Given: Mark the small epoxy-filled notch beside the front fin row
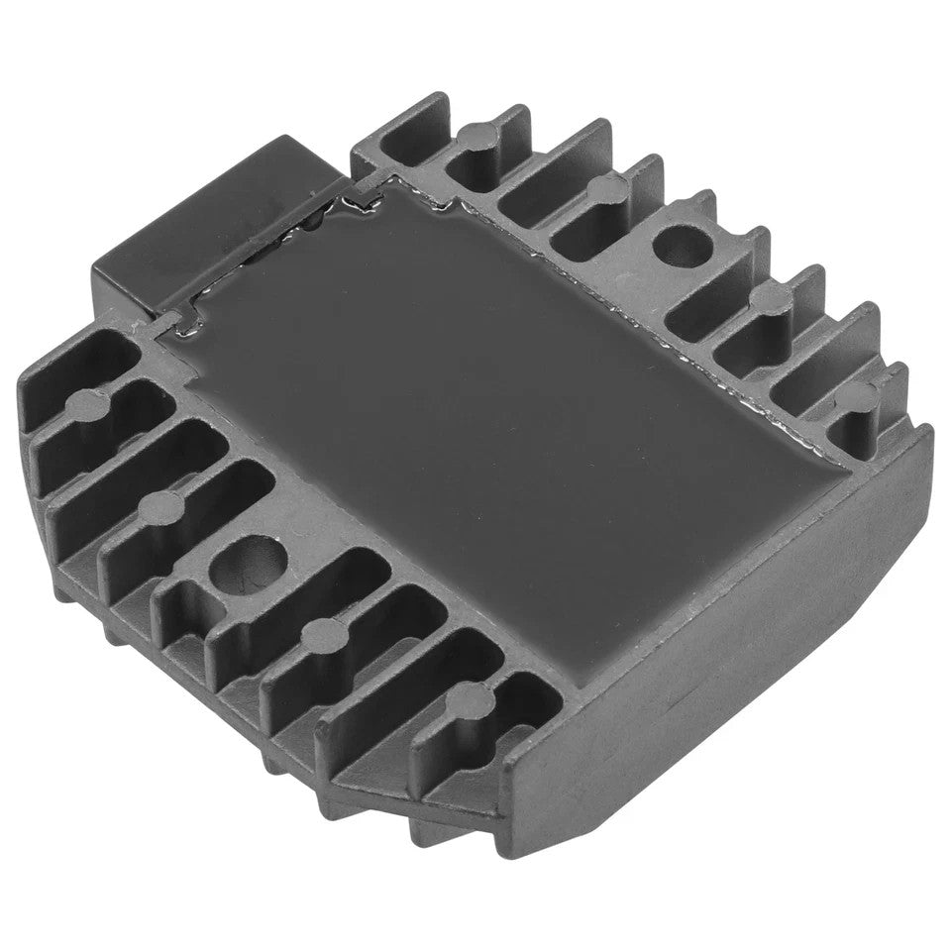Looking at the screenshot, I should click(174, 319).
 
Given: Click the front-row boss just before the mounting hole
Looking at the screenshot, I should click(160, 506).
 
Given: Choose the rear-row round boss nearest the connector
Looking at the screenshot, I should click(478, 131).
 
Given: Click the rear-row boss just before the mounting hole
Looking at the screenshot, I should click(600, 187).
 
